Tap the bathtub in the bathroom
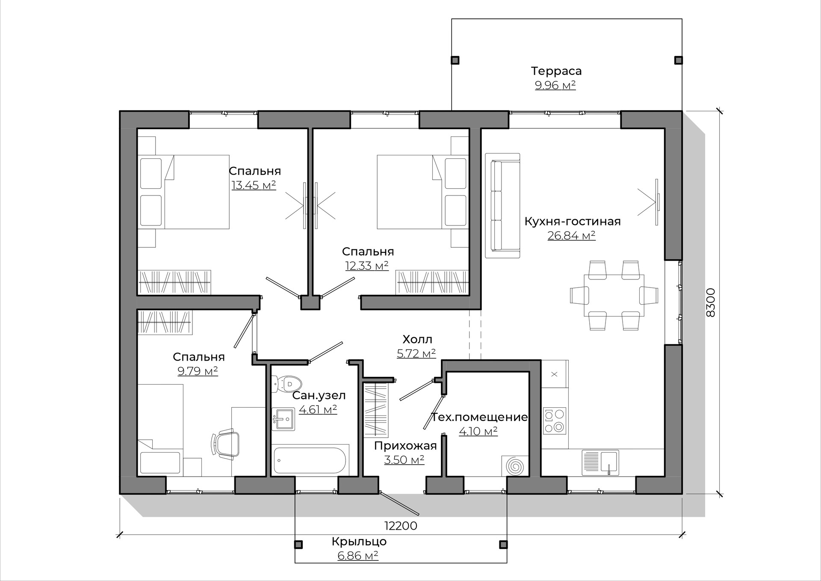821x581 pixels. tap(310, 460)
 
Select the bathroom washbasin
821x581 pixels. tap(283, 418)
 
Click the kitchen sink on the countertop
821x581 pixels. tap(600, 462)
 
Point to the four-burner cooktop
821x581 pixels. tap(554, 421)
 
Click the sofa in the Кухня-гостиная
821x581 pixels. tap(502, 205)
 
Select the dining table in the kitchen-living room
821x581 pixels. tap(614, 295)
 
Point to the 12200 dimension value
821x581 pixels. tap(401, 525)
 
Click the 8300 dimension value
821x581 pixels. tap(710, 302)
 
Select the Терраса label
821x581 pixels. tap(556, 71)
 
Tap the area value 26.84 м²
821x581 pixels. tap(571, 235)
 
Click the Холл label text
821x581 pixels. tap(417, 339)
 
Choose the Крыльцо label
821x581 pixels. tap(359, 541)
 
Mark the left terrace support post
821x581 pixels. tap(455, 60)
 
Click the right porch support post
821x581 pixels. tap(504, 544)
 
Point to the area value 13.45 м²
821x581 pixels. tap(254, 185)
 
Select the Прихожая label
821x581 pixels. tap(405, 446)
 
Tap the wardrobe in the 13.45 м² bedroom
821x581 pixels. tap(174, 282)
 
